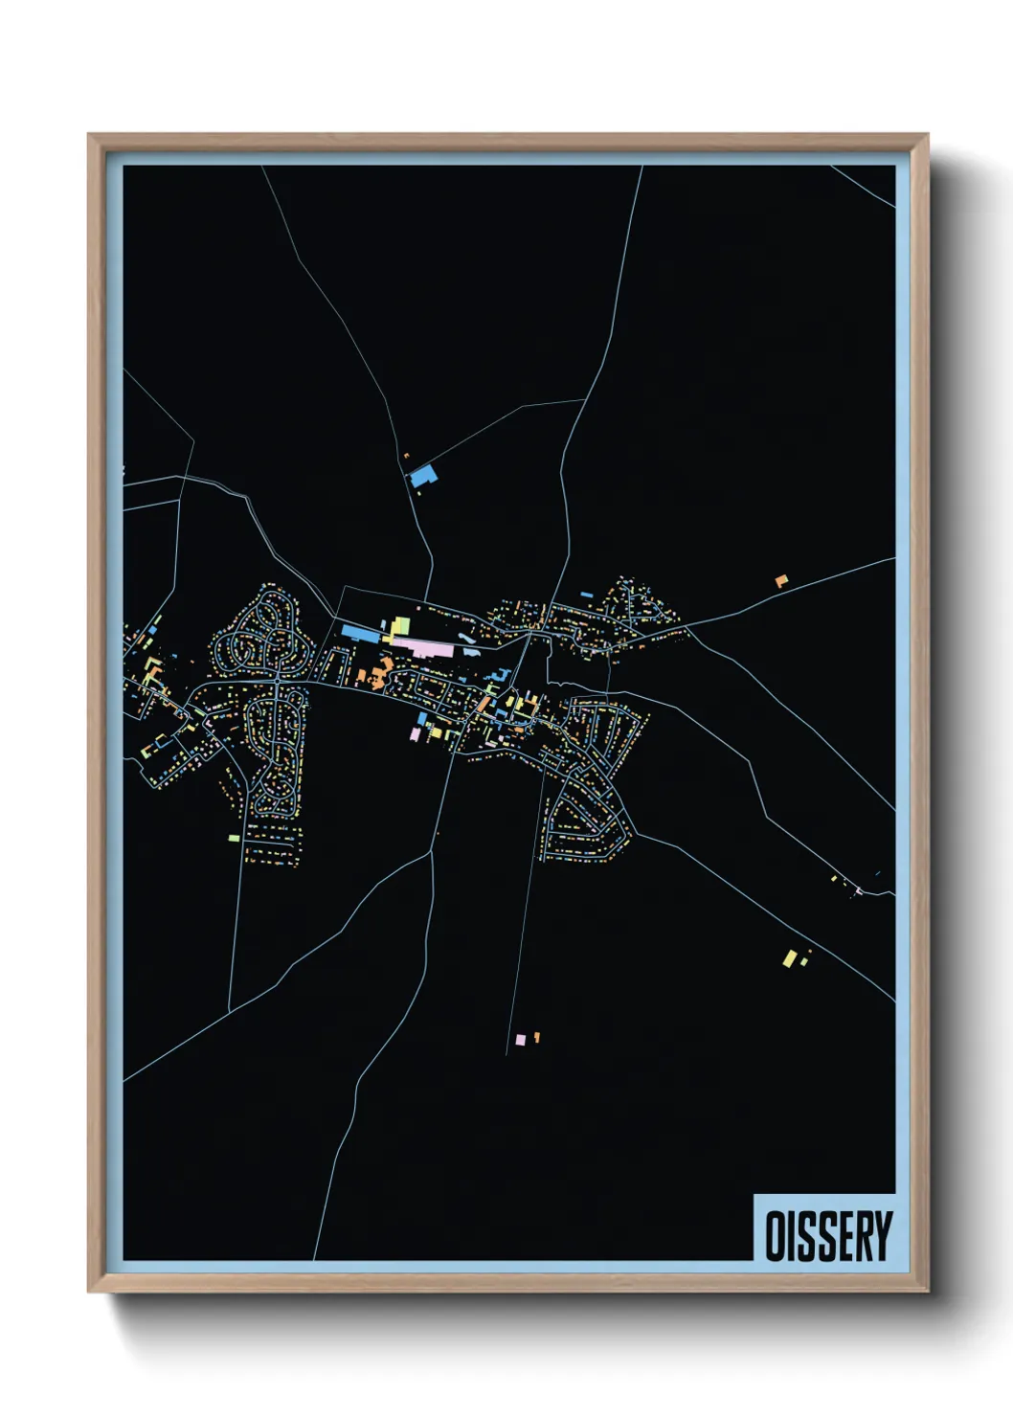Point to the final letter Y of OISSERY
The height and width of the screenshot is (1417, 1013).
(882, 1236)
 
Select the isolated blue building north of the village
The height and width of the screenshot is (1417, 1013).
(423, 477)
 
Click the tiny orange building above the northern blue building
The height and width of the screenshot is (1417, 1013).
(406, 457)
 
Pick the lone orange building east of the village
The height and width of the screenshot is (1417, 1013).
(781, 580)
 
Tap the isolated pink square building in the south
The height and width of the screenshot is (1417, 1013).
(520, 1039)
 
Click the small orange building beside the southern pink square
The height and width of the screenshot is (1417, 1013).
(537, 1036)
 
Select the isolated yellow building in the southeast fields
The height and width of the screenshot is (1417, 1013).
(790, 957)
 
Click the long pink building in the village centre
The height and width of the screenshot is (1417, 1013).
(421, 648)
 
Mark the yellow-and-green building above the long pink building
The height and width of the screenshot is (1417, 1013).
(399, 626)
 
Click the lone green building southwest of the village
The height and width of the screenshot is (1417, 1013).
(234, 838)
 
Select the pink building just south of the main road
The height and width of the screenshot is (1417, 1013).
(415, 734)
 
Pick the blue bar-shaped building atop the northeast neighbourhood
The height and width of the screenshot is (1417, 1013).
(586, 595)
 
